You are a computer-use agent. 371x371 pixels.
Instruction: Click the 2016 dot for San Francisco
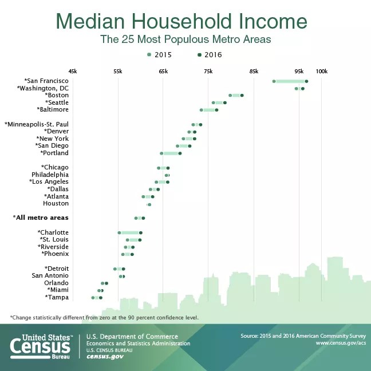click(307, 81)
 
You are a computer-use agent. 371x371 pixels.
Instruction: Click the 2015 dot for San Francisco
click(274, 81)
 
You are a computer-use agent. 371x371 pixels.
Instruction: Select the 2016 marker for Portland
click(180, 153)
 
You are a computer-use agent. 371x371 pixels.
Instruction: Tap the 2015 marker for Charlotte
click(119, 232)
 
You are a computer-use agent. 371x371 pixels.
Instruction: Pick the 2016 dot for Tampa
click(100, 298)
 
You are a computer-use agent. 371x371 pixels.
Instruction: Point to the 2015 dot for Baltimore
click(201, 110)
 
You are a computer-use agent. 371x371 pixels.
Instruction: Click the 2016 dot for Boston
click(242, 95)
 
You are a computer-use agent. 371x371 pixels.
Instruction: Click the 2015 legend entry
click(159, 55)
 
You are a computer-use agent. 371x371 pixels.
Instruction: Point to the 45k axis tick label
click(72, 71)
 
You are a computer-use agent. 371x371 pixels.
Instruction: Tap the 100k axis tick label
click(321, 71)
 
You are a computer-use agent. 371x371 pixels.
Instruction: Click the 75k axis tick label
click(208, 71)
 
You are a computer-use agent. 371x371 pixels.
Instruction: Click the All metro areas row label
click(41, 218)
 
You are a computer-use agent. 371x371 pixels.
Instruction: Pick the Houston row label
click(56, 203)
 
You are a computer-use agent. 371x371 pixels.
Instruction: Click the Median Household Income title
click(181, 22)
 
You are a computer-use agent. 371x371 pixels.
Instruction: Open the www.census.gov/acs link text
click(341, 342)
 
